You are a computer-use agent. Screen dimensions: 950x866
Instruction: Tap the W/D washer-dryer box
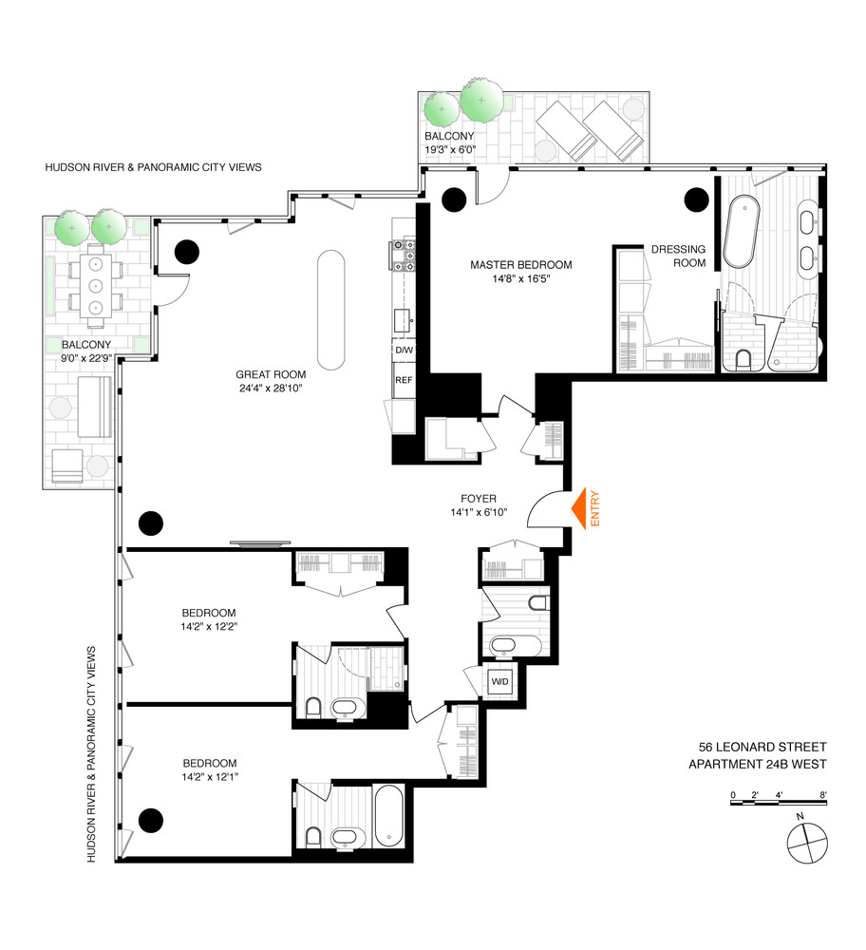499,681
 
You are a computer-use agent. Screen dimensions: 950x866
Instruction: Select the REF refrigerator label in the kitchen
404,380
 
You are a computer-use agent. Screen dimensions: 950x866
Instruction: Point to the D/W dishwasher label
404,351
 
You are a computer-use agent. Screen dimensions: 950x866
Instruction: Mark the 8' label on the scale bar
823,794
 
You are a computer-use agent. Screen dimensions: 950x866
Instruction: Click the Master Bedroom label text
521,265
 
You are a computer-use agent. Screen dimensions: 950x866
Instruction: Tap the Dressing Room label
678,256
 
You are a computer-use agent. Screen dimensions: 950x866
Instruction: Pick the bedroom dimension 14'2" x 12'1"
210,778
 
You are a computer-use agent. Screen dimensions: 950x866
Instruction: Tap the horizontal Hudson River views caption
153,167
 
